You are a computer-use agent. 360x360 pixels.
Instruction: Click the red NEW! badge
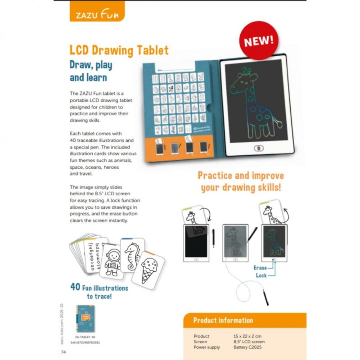pyautogui.click(x=258, y=40)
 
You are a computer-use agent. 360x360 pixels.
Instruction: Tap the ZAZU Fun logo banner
pyautogui.click(x=96, y=14)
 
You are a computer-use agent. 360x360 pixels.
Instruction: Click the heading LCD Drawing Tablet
pyautogui.click(x=119, y=50)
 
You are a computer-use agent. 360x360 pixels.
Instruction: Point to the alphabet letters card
pyautogui.click(x=92, y=256)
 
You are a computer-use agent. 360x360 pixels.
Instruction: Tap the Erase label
pyautogui.click(x=261, y=267)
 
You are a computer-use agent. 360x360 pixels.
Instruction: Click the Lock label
pyautogui.click(x=261, y=275)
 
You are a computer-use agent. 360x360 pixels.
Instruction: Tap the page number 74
pyautogui.click(x=63, y=352)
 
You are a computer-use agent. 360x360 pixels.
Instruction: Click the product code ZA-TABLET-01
pyautogui.click(x=85, y=336)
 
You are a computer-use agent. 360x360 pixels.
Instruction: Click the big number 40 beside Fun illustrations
pyautogui.click(x=76, y=287)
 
